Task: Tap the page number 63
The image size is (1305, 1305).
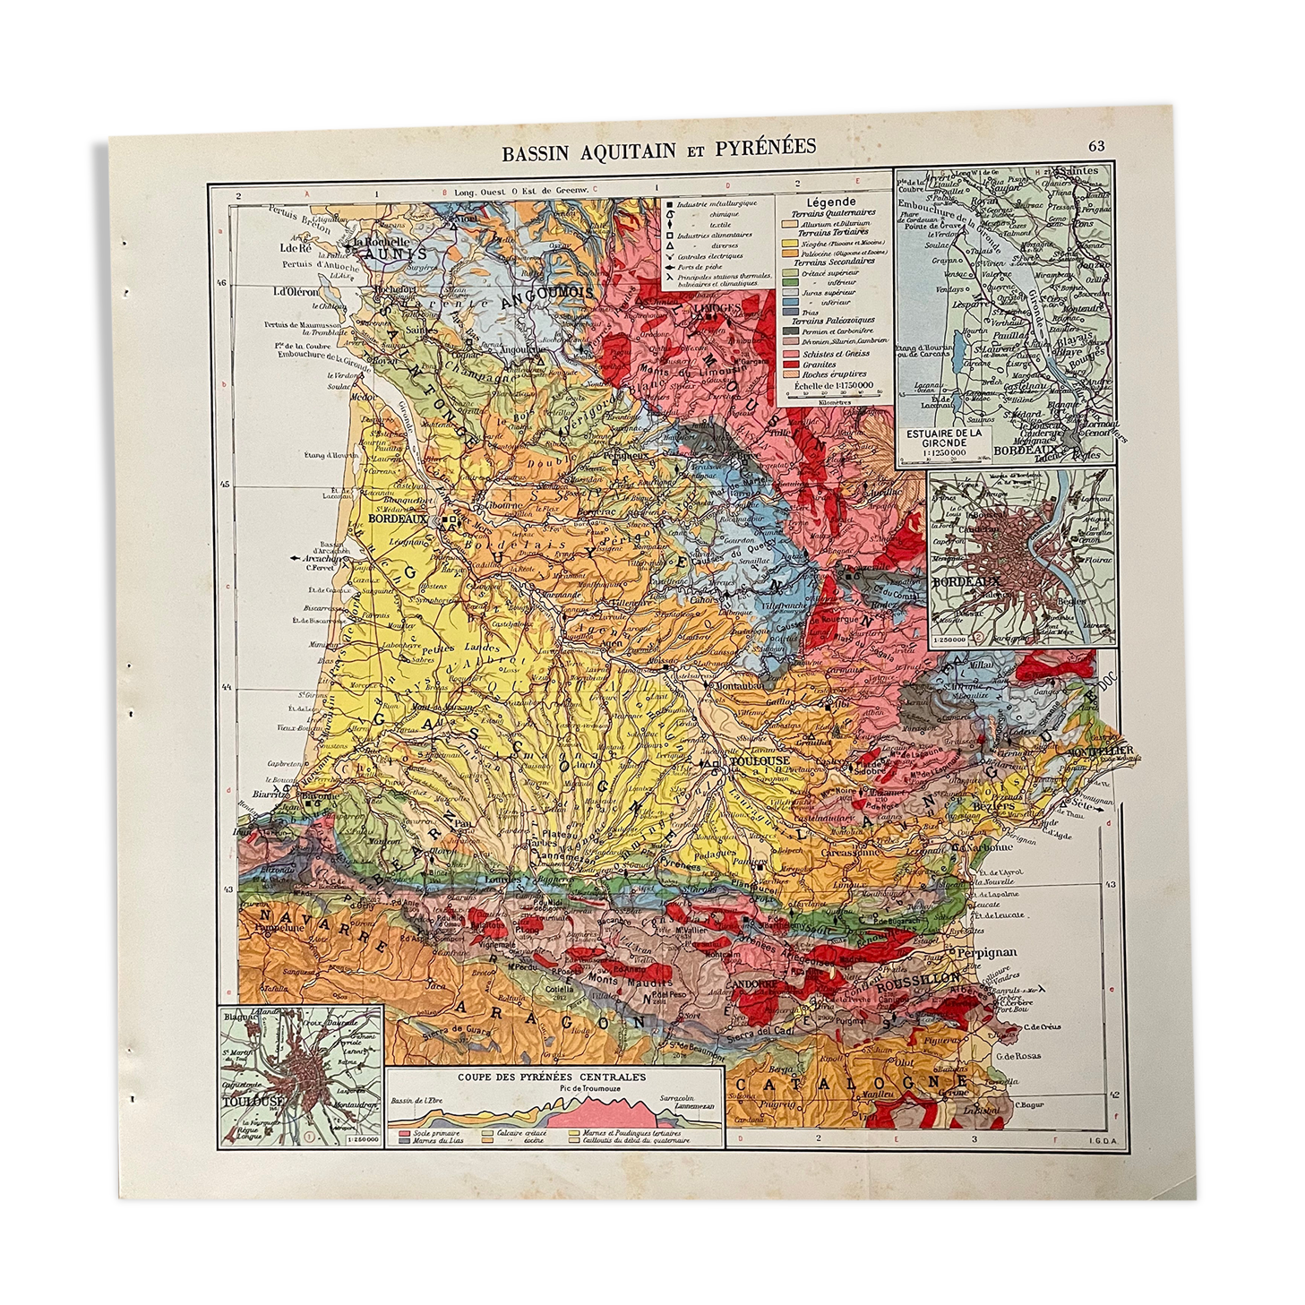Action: [x=1095, y=146]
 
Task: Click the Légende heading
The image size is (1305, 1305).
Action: [x=831, y=202]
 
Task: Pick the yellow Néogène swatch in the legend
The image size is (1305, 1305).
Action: [x=789, y=243]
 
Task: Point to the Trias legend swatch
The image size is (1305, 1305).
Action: [x=790, y=312]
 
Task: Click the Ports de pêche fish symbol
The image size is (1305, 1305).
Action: [x=670, y=267]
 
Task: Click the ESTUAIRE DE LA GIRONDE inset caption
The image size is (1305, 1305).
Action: [x=943, y=439]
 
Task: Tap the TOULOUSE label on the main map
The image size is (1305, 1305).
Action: [x=760, y=760]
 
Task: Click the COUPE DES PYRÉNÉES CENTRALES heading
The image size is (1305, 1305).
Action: [x=552, y=1077]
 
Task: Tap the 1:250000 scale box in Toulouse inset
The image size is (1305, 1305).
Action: [x=363, y=1140]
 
